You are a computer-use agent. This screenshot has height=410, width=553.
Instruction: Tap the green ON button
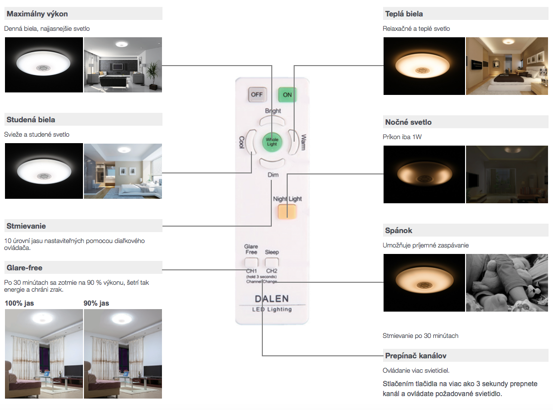point(287,94)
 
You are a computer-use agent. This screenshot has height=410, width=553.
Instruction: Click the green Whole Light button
point(272,141)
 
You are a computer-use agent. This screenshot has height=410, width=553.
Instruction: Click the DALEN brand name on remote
point(271,299)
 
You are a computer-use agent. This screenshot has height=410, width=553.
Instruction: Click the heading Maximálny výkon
point(37,13)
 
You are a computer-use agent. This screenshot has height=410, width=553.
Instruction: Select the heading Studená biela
point(31,119)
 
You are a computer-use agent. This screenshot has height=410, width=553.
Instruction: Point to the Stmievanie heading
point(26,226)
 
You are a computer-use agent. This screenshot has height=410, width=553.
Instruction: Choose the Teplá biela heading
point(404,13)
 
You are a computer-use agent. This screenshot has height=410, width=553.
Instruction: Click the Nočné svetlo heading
point(408,122)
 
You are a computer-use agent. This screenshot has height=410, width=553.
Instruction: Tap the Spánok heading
point(398,230)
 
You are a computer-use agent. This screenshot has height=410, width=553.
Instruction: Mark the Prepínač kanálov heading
point(415,356)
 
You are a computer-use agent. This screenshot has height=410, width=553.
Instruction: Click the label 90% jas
point(96,303)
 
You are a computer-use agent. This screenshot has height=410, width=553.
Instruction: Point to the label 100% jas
point(19,303)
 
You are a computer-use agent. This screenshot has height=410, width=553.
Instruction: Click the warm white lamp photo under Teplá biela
point(424,66)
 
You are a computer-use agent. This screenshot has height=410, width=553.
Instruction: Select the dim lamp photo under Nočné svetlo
point(424,174)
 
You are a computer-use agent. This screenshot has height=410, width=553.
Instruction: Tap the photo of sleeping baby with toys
point(506,283)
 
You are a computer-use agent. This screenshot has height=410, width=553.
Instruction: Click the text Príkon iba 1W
point(400,137)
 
